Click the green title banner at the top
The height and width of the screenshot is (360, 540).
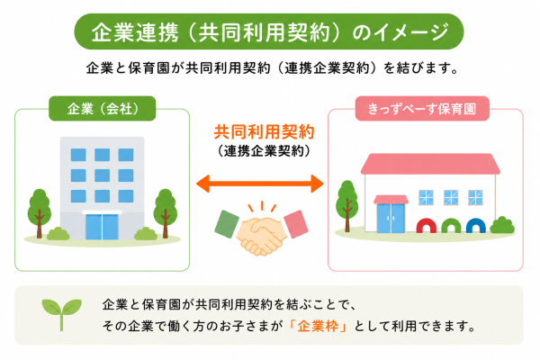[x=269, y=31]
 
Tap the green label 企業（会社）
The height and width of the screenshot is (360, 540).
[x=103, y=109]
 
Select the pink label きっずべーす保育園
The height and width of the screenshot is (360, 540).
[x=422, y=109]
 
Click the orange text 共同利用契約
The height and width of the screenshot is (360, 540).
[x=264, y=132]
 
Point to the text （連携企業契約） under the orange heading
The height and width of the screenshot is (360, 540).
[x=264, y=151]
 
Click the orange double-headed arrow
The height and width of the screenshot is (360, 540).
[x=260, y=184]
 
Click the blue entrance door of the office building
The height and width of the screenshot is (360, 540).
[x=102, y=226]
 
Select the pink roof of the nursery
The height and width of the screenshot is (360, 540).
[x=430, y=164]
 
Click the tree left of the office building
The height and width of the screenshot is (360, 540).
[x=40, y=212]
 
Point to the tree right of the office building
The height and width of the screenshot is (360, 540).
[x=166, y=212]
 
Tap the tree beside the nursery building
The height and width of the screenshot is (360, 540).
[x=347, y=206]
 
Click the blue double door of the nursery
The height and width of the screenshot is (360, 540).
[x=391, y=219]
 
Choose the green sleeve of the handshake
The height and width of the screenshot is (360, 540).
[x=227, y=224]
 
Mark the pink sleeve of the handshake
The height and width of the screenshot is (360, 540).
[x=296, y=224]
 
